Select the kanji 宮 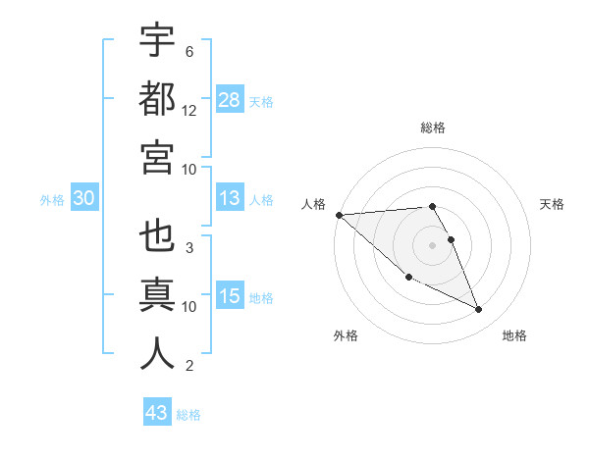[x=157, y=157]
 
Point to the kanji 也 [x=157, y=238]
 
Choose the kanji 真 [x=157, y=296]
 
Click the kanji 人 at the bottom [x=157, y=354]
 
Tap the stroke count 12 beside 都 [x=189, y=111]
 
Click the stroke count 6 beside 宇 [x=188, y=52]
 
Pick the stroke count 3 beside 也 [x=188, y=248]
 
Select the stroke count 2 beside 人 [x=188, y=366]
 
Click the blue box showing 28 [x=229, y=100]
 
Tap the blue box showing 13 [x=229, y=199]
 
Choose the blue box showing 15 [x=229, y=296]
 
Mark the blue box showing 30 [x=84, y=199]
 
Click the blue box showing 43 [x=157, y=413]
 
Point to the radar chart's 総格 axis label [x=433, y=128]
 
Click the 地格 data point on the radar [x=479, y=310]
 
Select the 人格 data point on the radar [x=339, y=215]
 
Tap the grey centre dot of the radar [x=433, y=244]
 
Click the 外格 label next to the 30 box [x=52, y=200]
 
